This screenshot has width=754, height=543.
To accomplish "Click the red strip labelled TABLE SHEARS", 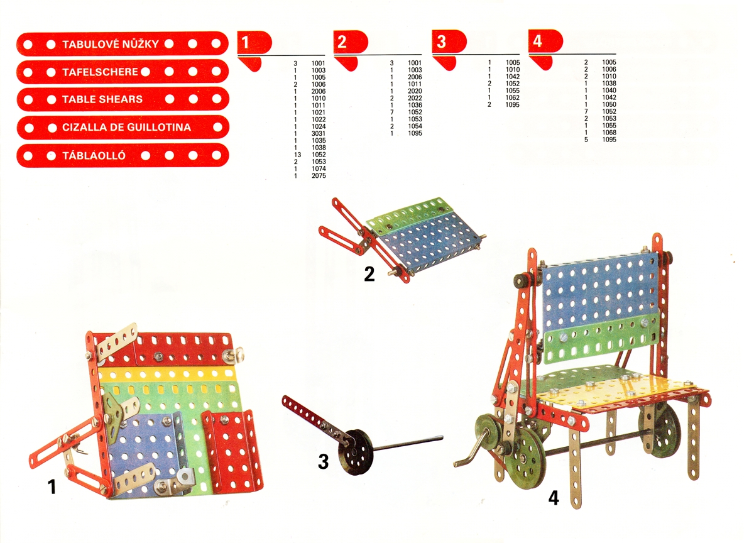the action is coord(123,99).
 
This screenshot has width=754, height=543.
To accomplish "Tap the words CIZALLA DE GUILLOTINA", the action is coord(126,127).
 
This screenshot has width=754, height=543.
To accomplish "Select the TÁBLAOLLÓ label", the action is coord(94,155).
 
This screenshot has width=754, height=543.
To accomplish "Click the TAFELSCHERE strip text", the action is coord(100,72).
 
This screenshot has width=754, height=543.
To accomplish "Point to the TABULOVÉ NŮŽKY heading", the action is coord(111,44).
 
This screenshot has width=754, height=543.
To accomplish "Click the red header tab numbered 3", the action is coord(449,41).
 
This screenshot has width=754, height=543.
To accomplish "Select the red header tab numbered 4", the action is coord(545,41).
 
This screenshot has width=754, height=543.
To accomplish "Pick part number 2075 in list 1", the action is coord(319,175).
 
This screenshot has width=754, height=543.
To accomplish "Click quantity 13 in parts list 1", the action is coord(297,155).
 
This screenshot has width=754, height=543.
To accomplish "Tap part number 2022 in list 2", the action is coord(415,98).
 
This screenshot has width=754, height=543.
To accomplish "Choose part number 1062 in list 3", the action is coord(512,97).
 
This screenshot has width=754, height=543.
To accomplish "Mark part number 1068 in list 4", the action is coord(609,133).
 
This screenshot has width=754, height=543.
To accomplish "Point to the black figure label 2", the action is coord(369,274).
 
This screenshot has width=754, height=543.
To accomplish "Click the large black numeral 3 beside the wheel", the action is coord(323,461).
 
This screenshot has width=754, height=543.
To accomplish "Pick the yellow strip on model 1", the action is coord(167,374).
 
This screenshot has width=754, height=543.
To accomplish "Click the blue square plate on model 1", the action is coord(145,451).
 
